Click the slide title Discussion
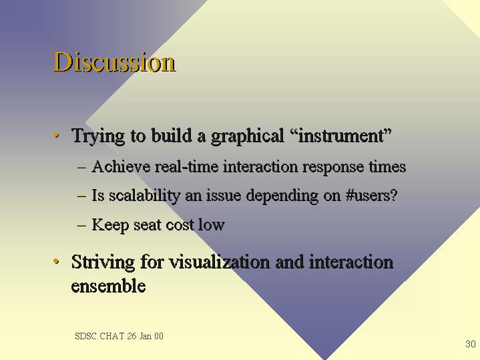click(114, 62)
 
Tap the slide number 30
click(470, 344)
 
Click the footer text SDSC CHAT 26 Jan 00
click(119, 336)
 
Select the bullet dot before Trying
click(56, 135)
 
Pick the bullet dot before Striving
click(56, 261)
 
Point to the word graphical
click(248, 136)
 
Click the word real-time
click(187, 167)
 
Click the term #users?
click(371, 196)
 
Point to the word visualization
click(220, 262)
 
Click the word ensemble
click(108, 286)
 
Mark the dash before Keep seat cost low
click(81, 226)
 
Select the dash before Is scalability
click(81, 196)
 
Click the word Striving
click(103, 263)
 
